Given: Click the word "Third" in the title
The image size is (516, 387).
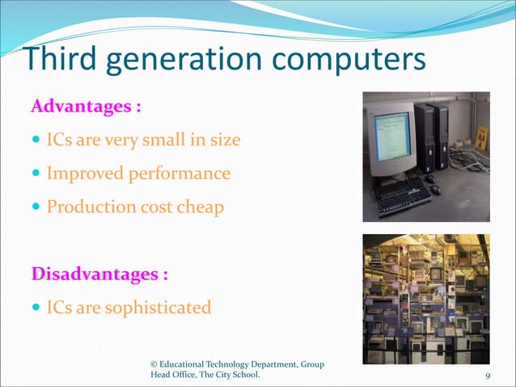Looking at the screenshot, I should click(x=55, y=62).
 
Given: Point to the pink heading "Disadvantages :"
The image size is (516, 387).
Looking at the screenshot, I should click(x=99, y=274).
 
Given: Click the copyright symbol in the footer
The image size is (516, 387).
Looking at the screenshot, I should click(x=154, y=365).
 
